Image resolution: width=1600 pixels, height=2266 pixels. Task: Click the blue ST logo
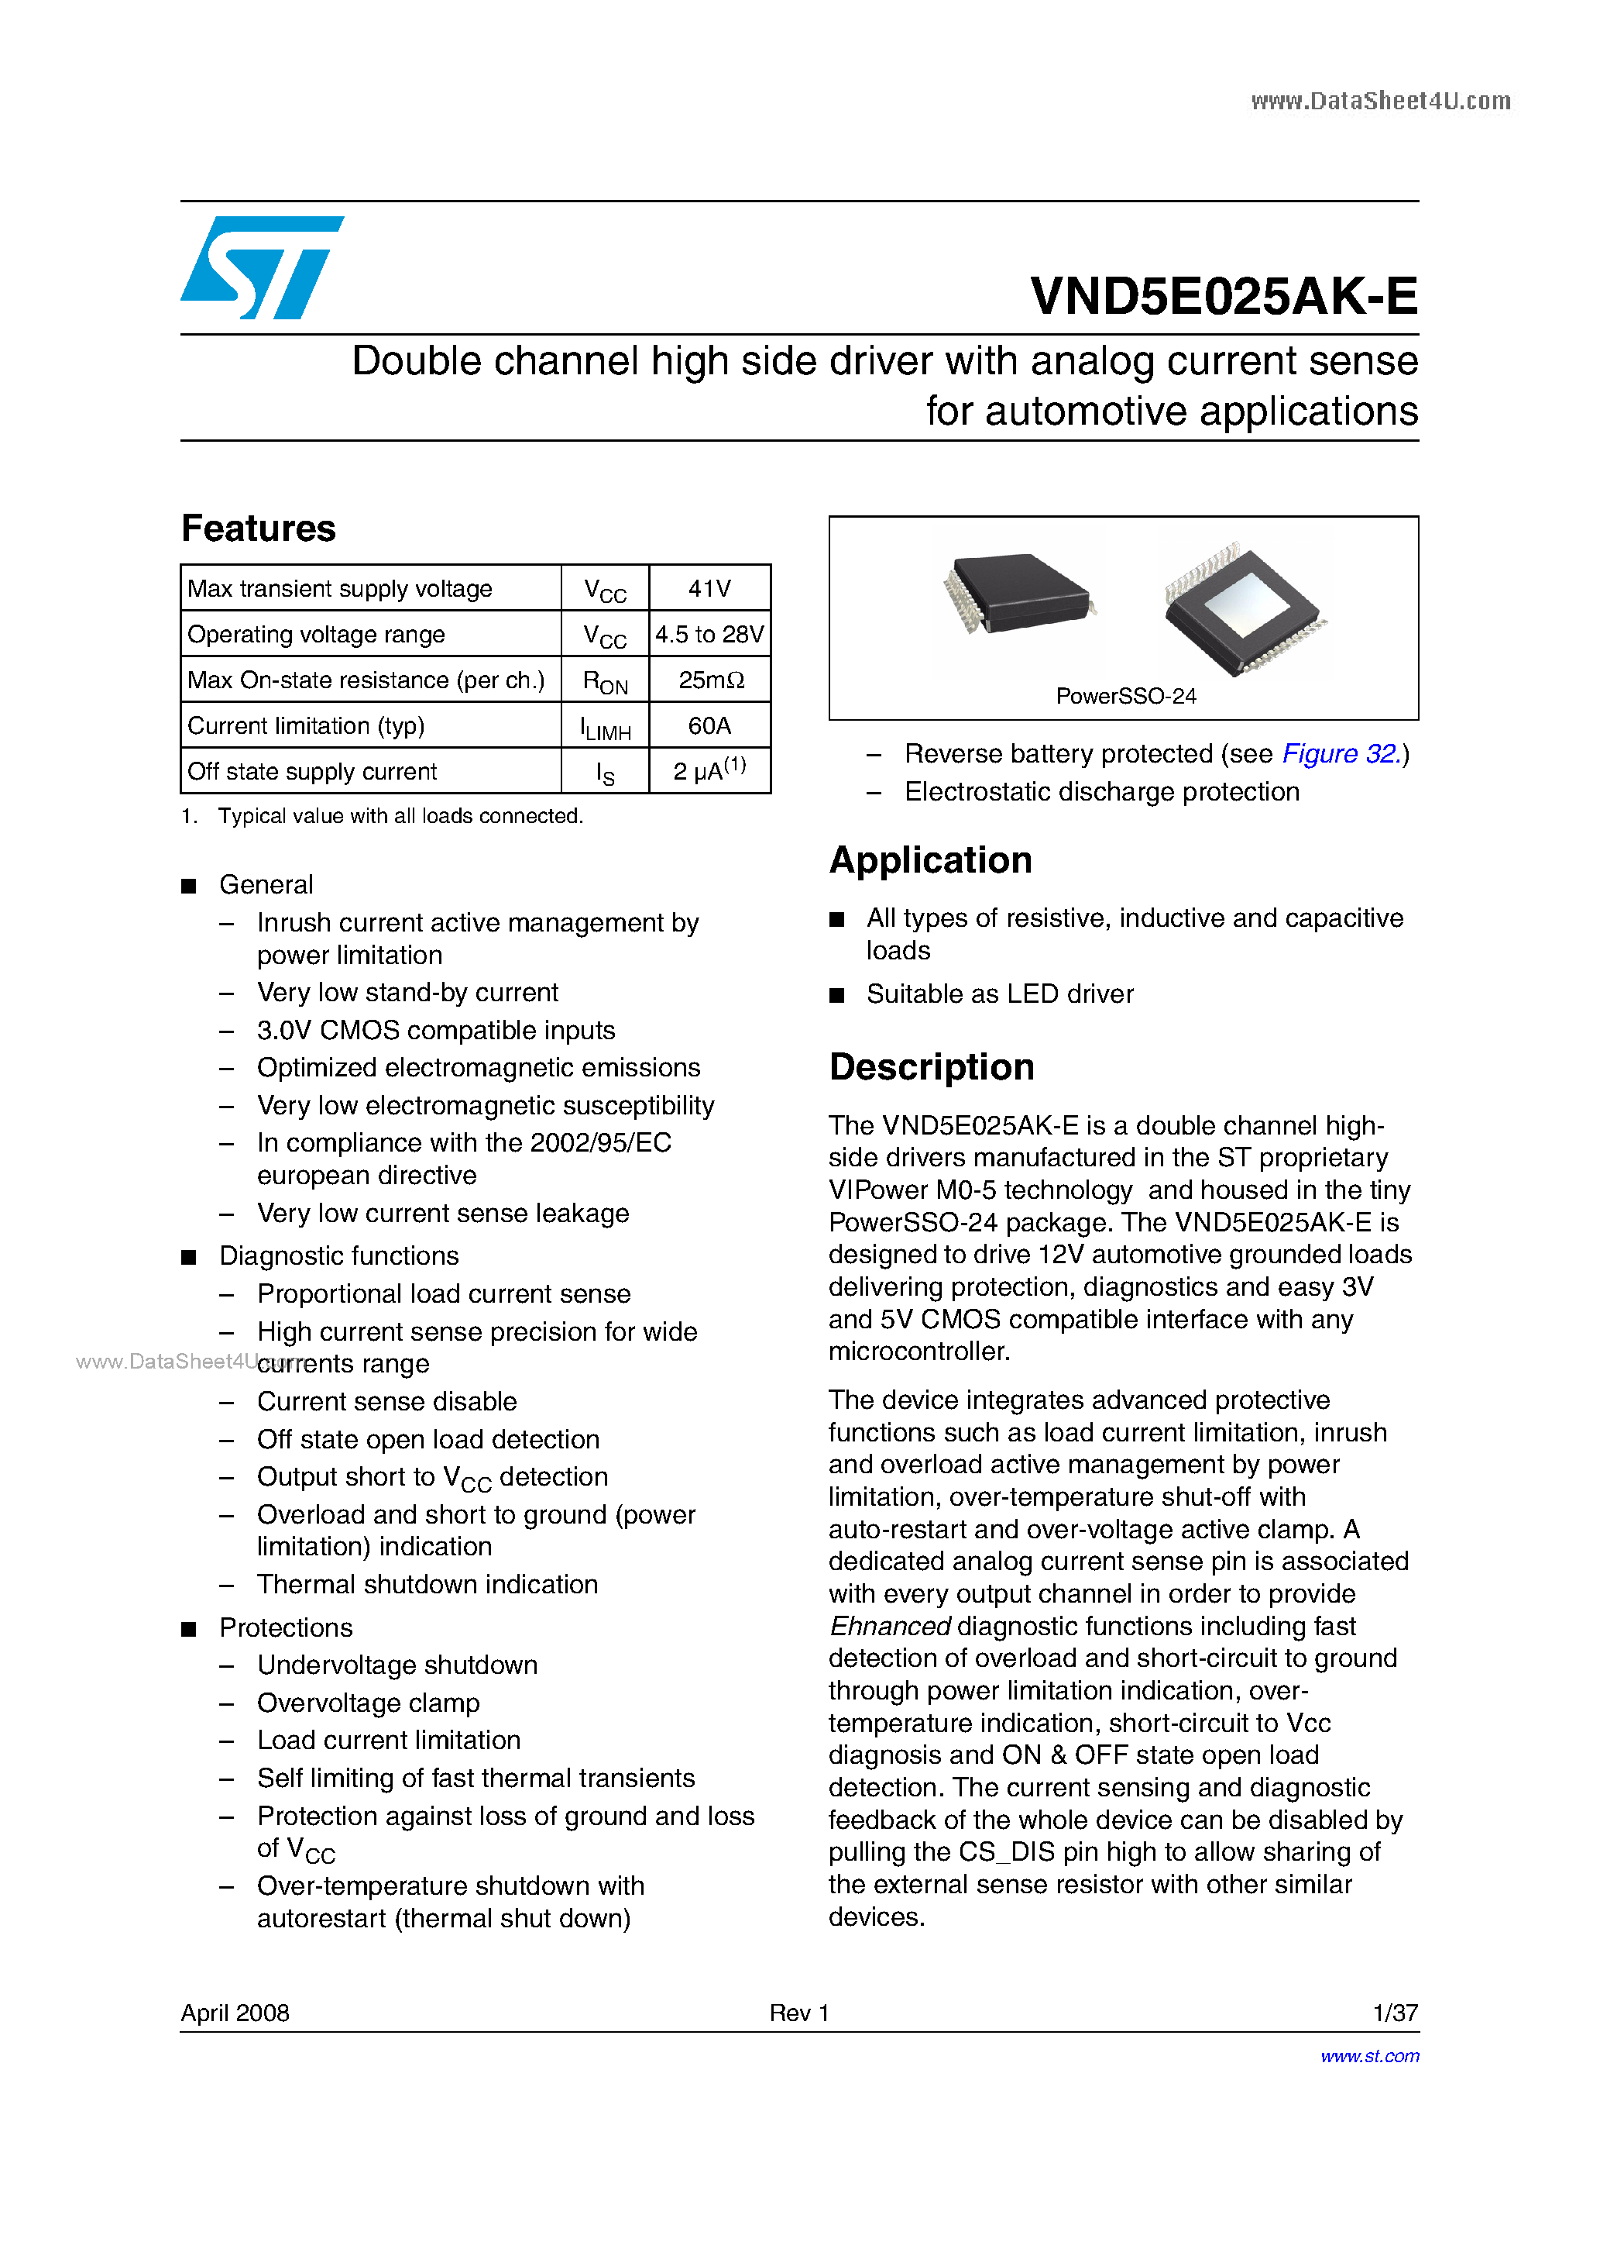(262, 267)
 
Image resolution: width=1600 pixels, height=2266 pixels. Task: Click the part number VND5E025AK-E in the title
(1223, 296)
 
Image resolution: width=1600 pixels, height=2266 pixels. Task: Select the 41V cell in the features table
(709, 588)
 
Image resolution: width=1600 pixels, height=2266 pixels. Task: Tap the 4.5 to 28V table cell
(709, 635)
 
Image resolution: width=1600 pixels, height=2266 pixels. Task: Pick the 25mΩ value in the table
(710, 680)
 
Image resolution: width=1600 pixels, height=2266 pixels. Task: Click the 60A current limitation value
(709, 725)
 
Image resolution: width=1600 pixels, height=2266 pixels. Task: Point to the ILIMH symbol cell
(605, 728)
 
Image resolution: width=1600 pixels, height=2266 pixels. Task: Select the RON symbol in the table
(605, 682)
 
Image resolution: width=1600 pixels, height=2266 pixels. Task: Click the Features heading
(259, 528)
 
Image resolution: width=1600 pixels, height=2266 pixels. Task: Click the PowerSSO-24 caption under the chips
(1125, 696)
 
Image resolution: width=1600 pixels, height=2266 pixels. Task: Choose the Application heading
(930, 859)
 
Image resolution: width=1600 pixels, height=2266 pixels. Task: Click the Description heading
(931, 1067)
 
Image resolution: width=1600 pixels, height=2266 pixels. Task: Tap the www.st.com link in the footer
(1369, 2056)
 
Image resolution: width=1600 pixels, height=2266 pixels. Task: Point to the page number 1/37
(1395, 2013)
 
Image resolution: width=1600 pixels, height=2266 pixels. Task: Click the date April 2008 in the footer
(235, 2013)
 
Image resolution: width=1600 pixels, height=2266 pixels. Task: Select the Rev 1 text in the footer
(799, 2013)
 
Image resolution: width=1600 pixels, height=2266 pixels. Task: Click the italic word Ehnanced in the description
(890, 1625)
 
